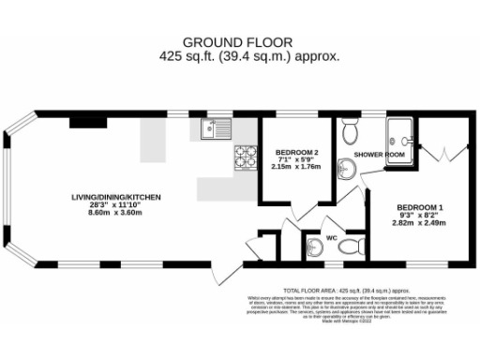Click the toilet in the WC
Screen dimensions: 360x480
(x=351, y=247)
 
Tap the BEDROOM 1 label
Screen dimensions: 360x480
(x=420, y=207)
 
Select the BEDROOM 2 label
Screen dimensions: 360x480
(x=296, y=153)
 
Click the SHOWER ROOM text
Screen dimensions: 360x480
(x=379, y=153)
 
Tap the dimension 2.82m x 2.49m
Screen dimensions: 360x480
(x=420, y=223)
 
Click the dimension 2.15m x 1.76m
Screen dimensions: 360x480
(x=296, y=167)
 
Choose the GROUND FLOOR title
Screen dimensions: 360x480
(x=237, y=41)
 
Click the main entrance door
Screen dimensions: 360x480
(x=225, y=274)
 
